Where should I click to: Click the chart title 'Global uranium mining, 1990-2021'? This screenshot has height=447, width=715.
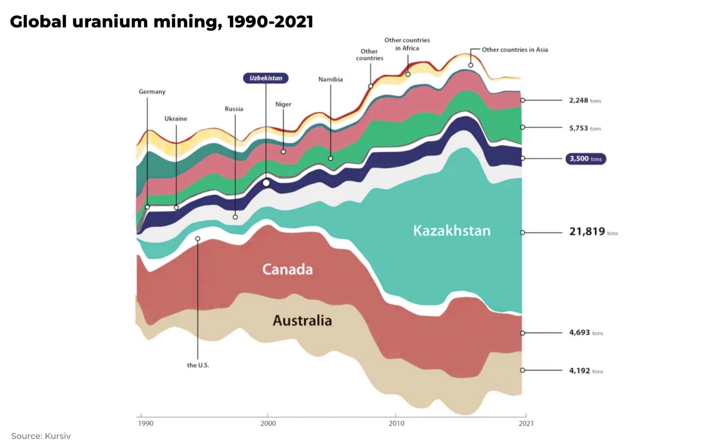tap(162, 22)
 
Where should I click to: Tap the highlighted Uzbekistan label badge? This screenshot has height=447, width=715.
tap(265, 78)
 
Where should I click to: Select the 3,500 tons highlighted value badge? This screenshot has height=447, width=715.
tap(585, 159)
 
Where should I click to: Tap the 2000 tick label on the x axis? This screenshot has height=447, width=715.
tap(268, 423)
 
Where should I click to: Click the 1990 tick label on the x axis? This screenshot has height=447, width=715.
tap(145, 423)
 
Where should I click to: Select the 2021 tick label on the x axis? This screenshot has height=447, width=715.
tap(526, 423)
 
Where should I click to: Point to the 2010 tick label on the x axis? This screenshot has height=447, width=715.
tap(396, 423)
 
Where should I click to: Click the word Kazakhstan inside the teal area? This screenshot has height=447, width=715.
tap(452, 231)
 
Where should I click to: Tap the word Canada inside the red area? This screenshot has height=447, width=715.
tap(287, 270)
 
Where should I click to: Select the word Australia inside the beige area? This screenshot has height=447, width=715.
tap(302, 321)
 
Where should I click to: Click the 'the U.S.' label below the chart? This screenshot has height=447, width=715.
tap(198, 366)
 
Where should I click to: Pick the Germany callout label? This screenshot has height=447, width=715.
tap(152, 92)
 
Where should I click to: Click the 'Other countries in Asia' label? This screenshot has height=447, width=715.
tap(514, 50)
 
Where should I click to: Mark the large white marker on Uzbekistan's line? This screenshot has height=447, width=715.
tap(266, 183)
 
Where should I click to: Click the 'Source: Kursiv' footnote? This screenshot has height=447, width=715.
tap(41, 436)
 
